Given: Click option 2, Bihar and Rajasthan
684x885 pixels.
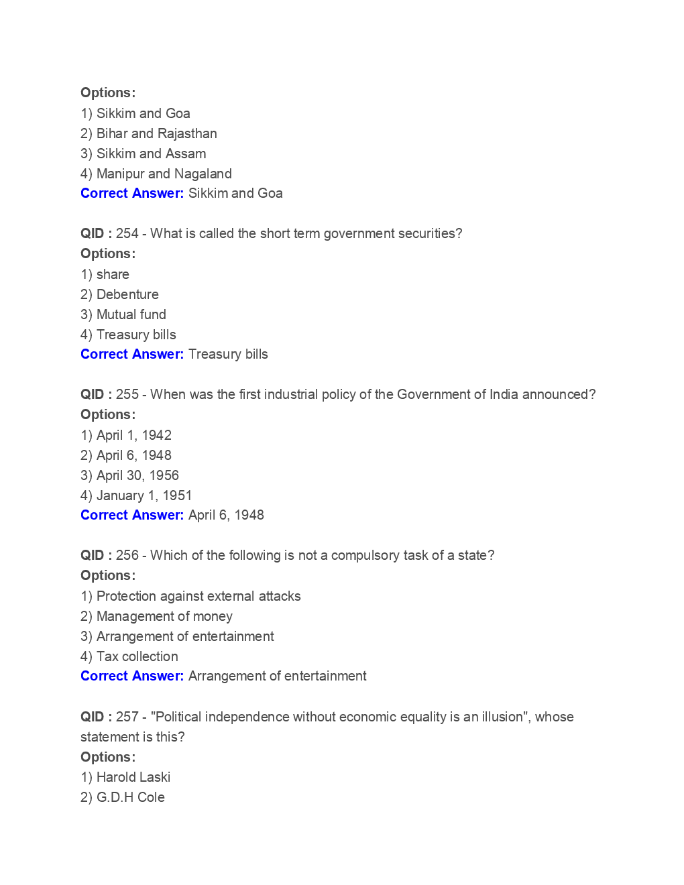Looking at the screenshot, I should (148, 133).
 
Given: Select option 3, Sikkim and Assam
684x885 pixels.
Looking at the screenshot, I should (143, 154).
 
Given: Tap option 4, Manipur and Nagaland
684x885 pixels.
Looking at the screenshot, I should (156, 174).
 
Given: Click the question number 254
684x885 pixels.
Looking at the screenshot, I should (127, 233).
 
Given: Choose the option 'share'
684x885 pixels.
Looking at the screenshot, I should (105, 274).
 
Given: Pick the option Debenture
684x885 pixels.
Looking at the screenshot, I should (120, 294).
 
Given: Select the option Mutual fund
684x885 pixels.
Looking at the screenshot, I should (123, 314).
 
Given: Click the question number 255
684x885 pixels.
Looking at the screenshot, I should (127, 394).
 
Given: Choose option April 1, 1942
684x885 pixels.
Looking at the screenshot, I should (126, 435).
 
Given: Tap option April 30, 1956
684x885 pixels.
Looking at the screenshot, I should (129, 475).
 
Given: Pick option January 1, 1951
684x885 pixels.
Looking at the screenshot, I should (136, 495).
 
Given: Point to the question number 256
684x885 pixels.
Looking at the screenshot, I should (127, 555).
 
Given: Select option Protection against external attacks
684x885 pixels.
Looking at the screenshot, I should (190, 596).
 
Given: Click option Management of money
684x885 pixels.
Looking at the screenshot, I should (156, 616).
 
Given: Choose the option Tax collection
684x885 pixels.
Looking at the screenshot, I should (129, 656).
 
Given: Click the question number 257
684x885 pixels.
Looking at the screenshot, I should (127, 717).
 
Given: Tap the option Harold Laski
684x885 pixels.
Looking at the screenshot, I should (125, 777).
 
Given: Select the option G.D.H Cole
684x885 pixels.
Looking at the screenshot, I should (123, 797).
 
